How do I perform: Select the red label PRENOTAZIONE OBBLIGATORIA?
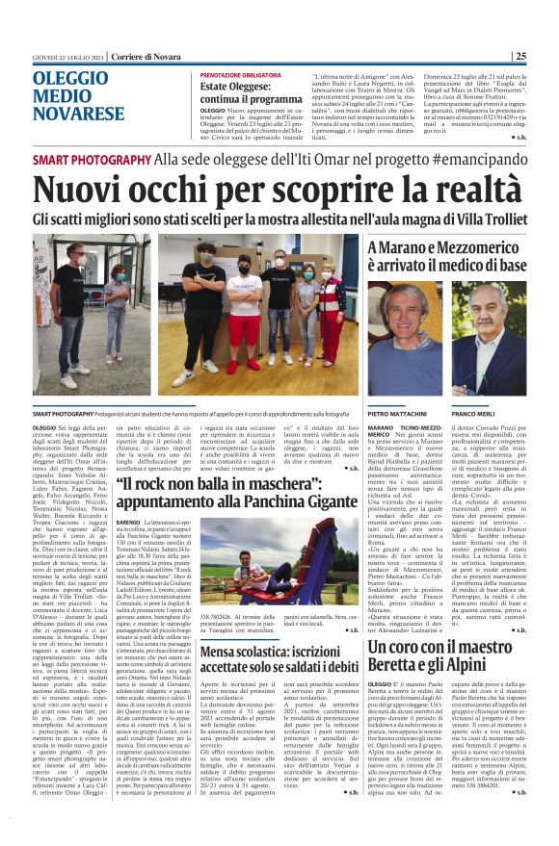[241, 75]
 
